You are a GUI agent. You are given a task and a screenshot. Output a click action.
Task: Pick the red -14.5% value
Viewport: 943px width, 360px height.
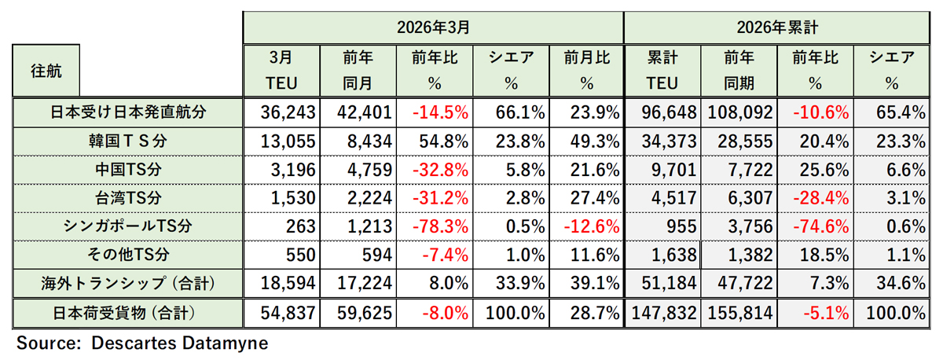pos(440,112)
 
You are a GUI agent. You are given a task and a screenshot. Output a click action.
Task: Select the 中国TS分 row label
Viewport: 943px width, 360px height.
pos(127,169)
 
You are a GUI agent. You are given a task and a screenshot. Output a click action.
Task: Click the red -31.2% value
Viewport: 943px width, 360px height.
pos(440,197)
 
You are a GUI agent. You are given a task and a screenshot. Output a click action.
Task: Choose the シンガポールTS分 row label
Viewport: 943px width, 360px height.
pos(127,226)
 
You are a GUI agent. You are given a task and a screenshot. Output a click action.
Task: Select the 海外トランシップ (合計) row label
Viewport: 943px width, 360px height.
pos(127,283)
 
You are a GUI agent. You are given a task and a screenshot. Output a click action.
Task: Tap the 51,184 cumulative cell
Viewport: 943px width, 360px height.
pos(665,283)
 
